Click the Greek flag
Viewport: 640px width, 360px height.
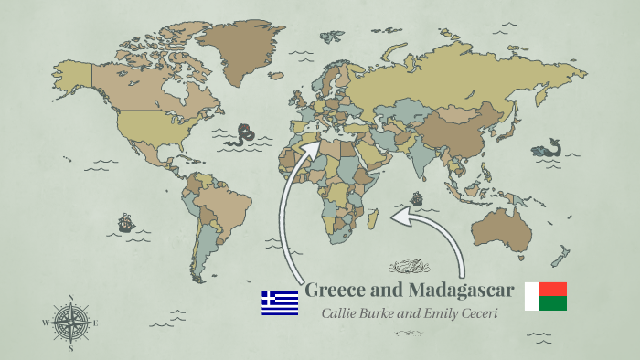pyautogui.click(x=280, y=302)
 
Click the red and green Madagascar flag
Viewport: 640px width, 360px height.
pyautogui.click(x=546, y=296)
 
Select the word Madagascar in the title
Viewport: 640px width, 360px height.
pyautogui.click(x=458, y=291)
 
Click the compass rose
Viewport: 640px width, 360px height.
pyautogui.click(x=70, y=322)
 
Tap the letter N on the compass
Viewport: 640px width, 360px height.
pyautogui.click(x=70, y=297)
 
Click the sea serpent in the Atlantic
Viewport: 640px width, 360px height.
pyautogui.click(x=243, y=135)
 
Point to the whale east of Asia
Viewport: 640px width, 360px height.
pyautogui.click(x=550, y=146)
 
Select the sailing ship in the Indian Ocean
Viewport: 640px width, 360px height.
pyautogui.click(x=417, y=197)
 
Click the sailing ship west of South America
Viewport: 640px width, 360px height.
pyautogui.click(x=125, y=222)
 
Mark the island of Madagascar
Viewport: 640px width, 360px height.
pyautogui.click(x=374, y=217)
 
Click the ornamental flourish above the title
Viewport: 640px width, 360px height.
pyautogui.click(x=409, y=268)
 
